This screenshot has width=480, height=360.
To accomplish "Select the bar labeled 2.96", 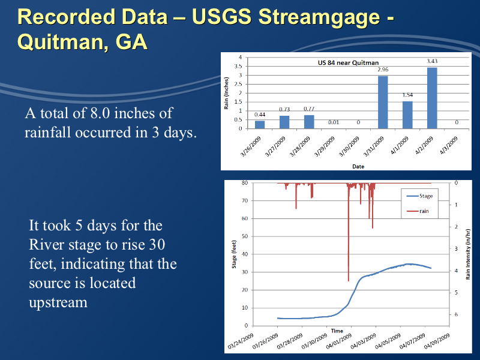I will pos(382,102).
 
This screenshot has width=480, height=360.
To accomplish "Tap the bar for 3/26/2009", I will pos(260,124).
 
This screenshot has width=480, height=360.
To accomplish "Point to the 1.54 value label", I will pos(407,95).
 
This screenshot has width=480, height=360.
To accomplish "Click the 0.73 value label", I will pos(284,109).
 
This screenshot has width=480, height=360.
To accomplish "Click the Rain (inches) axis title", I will pos(227,92).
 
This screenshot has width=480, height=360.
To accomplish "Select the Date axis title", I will pos(358,166).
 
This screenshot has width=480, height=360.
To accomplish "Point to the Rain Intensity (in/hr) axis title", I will pos(468,254).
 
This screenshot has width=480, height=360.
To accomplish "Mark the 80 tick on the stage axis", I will pos(244,182).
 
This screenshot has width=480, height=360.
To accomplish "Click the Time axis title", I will pos(337,331).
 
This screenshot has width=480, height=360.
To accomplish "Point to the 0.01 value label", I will pos(334,122).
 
